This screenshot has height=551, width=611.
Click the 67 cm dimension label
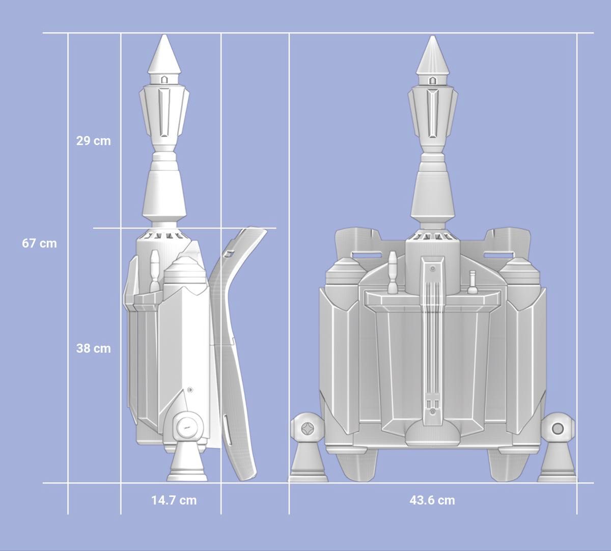click(39, 243)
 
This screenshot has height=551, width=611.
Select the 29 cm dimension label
click(94, 141)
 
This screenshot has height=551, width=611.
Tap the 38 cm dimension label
click(94, 348)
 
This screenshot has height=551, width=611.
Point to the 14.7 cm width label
click(174, 500)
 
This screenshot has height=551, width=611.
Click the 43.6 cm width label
click(432, 500)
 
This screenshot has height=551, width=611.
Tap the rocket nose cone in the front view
click(432, 55)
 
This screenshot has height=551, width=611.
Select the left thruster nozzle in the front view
click(308, 465)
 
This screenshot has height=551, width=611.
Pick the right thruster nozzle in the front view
click(557, 465)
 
